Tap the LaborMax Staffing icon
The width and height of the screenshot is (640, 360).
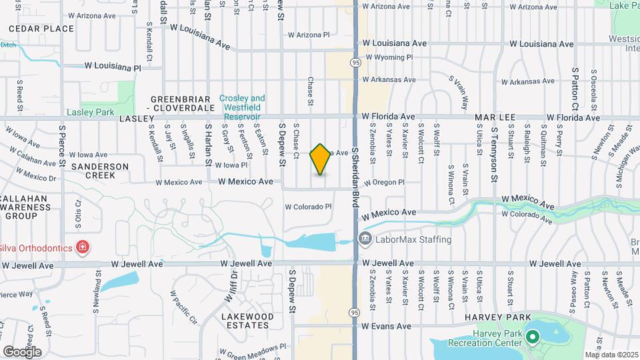(365, 239)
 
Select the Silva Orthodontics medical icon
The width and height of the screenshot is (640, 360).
(83, 248)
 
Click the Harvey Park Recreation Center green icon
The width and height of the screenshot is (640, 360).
(532, 337)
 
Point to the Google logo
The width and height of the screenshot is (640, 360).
(22, 351)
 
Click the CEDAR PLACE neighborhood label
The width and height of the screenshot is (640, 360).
(41, 29)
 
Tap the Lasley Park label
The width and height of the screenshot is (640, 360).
(91, 113)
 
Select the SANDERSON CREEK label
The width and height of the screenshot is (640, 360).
(100, 171)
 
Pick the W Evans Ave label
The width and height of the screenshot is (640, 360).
(387, 326)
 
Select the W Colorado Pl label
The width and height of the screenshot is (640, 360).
(308, 207)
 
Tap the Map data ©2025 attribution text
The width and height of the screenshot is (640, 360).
(612, 355)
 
